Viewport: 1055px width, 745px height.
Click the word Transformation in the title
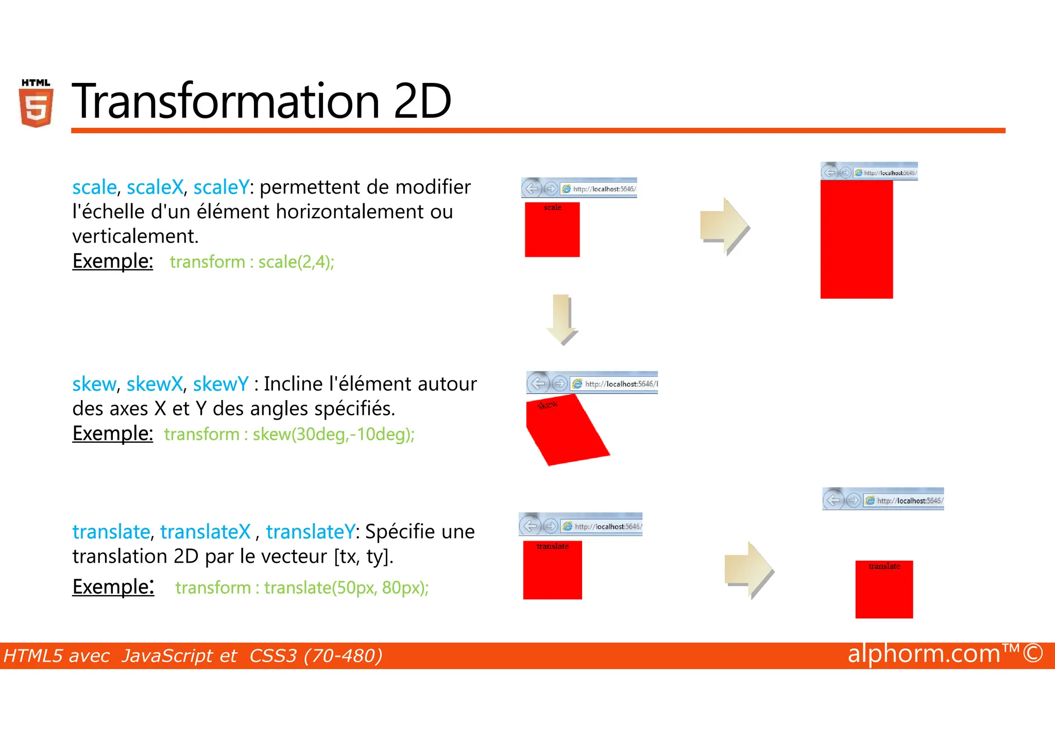point(226,101)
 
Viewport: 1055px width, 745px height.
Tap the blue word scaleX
point(155,187)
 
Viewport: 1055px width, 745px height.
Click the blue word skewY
point(220,384)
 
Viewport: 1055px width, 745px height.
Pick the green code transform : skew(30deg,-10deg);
point(289,435)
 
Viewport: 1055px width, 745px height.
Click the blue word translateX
point(205,532)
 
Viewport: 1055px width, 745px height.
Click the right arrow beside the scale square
point(724,227)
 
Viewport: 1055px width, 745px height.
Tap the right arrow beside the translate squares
point(748,570)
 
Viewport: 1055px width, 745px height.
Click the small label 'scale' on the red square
point(552,207)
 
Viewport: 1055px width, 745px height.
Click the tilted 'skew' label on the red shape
point(547,405)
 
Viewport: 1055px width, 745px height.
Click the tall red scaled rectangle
point(856,239)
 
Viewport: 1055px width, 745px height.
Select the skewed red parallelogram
point(567,432)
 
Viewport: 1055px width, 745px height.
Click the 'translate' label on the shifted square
point(884,566)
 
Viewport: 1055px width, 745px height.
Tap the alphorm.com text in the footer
point(923,654)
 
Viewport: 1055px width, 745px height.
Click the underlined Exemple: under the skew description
point(112,434)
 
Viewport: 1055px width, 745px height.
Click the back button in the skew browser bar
point(538,384)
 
